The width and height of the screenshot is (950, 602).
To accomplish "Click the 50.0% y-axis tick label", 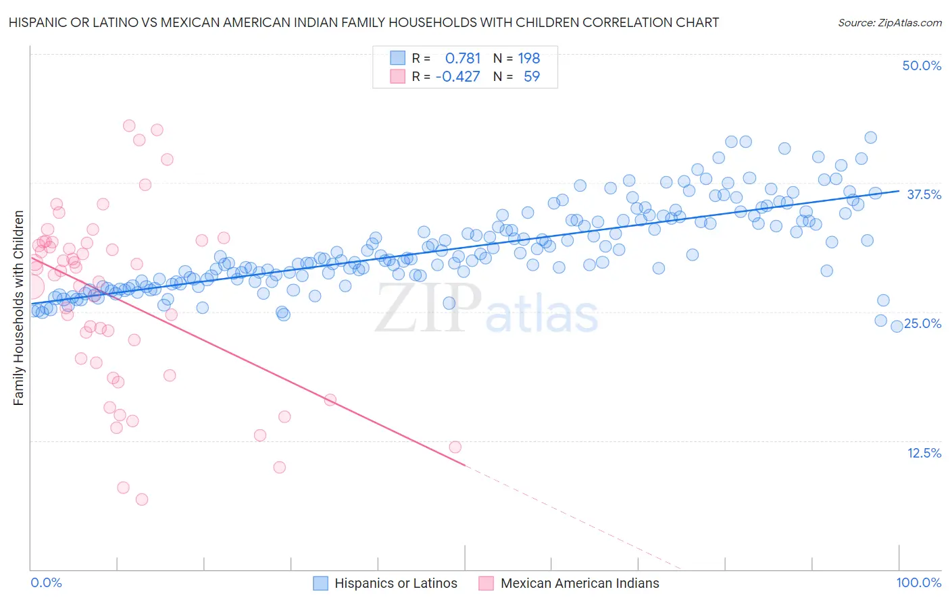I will pyautogui.click(x=922, y=65).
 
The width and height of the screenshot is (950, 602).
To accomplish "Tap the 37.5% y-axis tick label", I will pyautogui.click(x=924, y=194).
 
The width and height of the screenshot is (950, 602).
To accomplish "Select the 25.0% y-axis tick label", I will pyautogui.click(x=923, y=323).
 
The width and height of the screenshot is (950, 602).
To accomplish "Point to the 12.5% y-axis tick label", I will pyautogui.click(x=924, y=453).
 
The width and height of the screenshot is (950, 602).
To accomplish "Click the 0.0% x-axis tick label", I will pyautogui.click(x=46, y=582).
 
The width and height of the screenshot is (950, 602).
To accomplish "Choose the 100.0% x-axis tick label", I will pyautogui.click(x=919, y=582).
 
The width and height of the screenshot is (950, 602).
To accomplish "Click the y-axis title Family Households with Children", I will pyautogui.click(x=18, y=308).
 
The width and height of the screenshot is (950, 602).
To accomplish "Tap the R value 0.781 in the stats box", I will pyautogui.click(x=463, y=59).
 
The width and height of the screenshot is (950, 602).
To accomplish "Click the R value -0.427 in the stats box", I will pyautogui.click(x=457, y=76).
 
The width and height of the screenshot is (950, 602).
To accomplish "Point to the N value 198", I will pyautogui.click(x=529, y=59).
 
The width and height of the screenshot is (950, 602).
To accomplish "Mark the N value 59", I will pyautogui.click(x=532, y=76).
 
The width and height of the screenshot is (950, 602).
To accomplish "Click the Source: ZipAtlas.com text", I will pyautogui.click(x=890, y=23).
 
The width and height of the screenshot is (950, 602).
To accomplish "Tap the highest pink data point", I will pyautogui.click(x=129, y=126).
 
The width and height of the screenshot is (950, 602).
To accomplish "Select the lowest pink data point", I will pyautogui.click(x=142, y=499).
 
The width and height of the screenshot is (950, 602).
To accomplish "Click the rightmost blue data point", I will pyautogui.click(x=897, y=327).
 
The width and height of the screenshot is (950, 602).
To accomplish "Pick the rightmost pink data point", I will pyautogui.click(x=455, y=447).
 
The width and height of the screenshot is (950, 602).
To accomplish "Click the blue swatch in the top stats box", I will pyautogui.click(x=397, y=59).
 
